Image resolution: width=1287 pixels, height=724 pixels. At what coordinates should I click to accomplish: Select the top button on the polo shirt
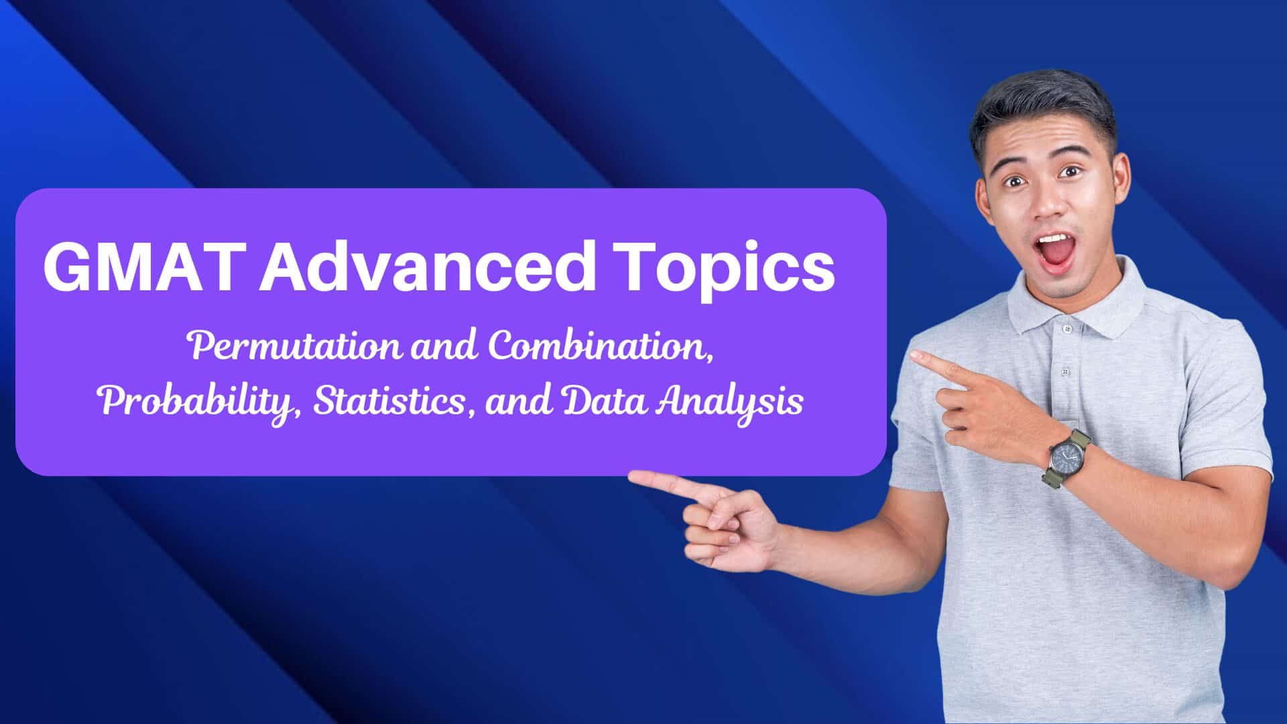coord(1066,329)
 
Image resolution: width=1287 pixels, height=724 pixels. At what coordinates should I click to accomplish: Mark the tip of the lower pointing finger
coord(631,477)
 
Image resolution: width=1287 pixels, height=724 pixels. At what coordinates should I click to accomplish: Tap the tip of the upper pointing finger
coord(913,353)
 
